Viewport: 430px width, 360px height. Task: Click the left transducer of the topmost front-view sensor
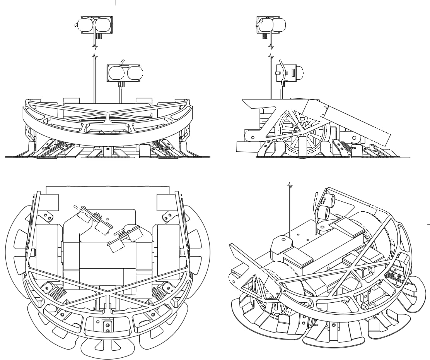click(85, 25)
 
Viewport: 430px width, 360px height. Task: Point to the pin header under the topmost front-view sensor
click(98, 36)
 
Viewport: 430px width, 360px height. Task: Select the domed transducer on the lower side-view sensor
click(300, 73)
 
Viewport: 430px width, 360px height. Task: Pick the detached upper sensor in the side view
click(271, 25)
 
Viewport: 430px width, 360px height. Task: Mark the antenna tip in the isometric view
click(290, 185)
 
